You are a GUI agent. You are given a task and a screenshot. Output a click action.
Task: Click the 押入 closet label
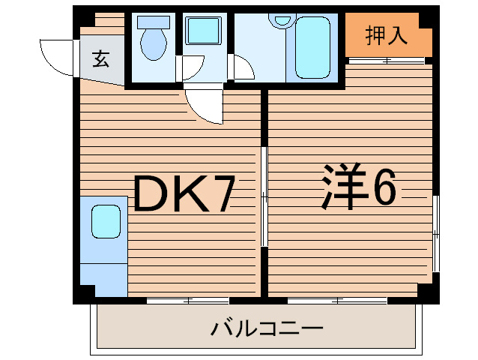[x=386, y=35]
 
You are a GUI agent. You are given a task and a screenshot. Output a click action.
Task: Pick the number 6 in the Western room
[x=382, y=187]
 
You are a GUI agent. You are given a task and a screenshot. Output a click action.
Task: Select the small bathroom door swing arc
[x=243, y=71]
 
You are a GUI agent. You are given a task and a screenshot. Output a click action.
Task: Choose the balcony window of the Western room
[x=337, y=300]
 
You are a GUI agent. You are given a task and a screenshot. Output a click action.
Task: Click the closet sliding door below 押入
[x=388, y=61]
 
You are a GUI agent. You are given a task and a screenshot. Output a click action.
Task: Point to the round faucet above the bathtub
[x=282, y=20]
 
